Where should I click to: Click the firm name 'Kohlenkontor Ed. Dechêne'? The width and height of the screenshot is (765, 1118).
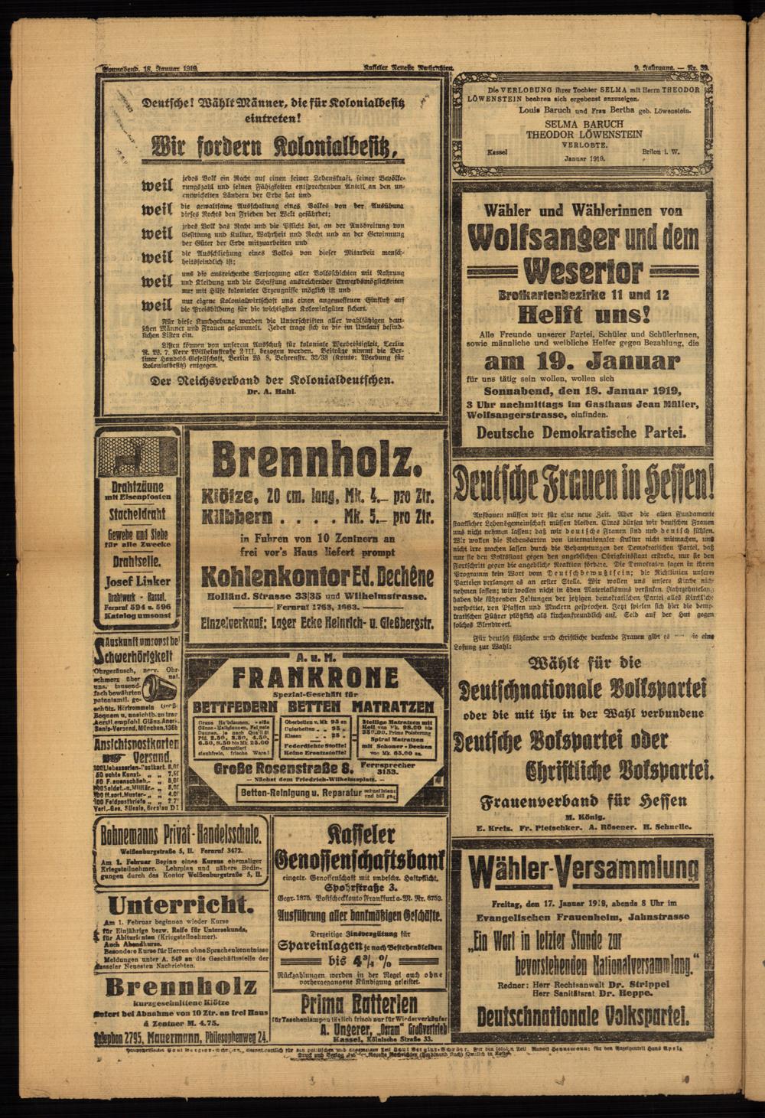click(x=315, y=576)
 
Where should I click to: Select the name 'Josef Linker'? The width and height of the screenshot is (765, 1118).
click(x=138, y=580)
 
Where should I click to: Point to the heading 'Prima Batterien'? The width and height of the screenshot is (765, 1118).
click(x=358, y=1003)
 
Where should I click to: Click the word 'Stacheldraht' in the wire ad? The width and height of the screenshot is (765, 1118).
click(x=138, y=512)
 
